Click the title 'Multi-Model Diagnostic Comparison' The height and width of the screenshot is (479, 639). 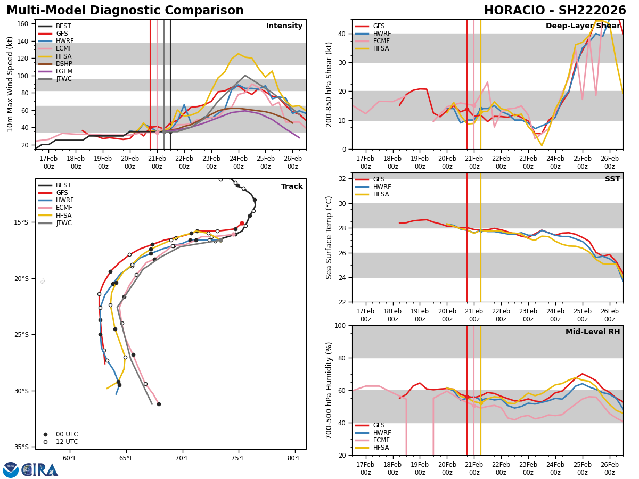click(125, 11)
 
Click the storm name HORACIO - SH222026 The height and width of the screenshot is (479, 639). click(555, 11)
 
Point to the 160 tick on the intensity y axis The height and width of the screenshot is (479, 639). click(23, 24)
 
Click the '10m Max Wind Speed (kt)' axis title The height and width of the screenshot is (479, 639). click(10, 84)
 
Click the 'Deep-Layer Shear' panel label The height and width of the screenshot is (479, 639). click(583, 26)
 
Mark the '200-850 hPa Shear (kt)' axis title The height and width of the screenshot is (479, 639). click(329, 84)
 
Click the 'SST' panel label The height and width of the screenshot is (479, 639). click(612, 179)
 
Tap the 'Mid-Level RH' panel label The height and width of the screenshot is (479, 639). click(592, 332)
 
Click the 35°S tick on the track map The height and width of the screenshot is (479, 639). click(22, 447)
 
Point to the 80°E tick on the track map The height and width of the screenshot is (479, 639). click(294, 458)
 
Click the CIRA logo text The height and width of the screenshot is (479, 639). click(40, 469)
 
